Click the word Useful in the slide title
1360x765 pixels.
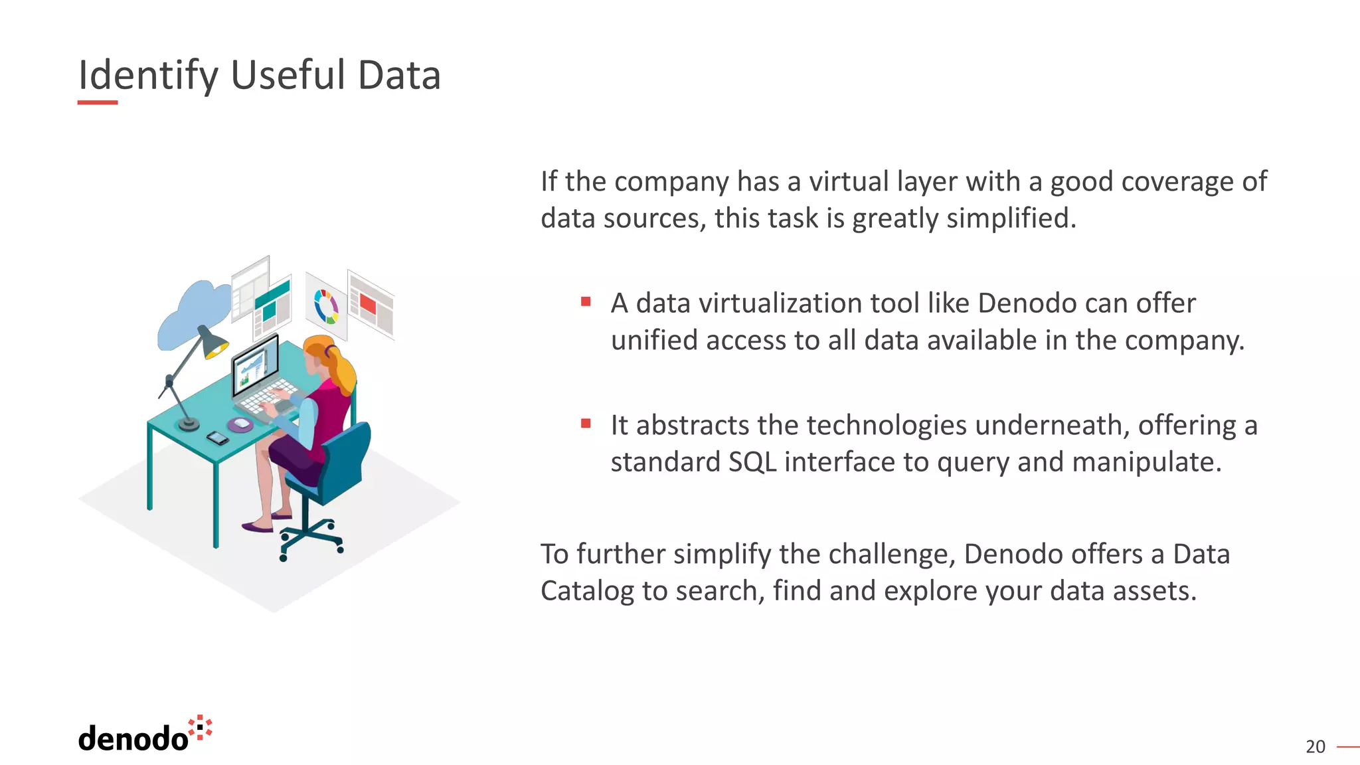(288, 75)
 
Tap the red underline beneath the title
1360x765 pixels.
(97, 103)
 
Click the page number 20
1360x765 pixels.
(1315, 747)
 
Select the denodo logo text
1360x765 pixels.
(133, 738)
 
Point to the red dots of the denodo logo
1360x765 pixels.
(201, 727)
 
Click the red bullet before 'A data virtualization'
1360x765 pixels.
(586, 302)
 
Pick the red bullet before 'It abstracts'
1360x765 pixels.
(586, 424)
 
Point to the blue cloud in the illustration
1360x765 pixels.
(193, 312)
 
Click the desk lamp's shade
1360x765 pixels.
(212, 342)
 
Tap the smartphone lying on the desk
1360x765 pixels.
(217, 438)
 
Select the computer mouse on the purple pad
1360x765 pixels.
(241, 424)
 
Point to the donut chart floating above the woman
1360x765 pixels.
(326, 306)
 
